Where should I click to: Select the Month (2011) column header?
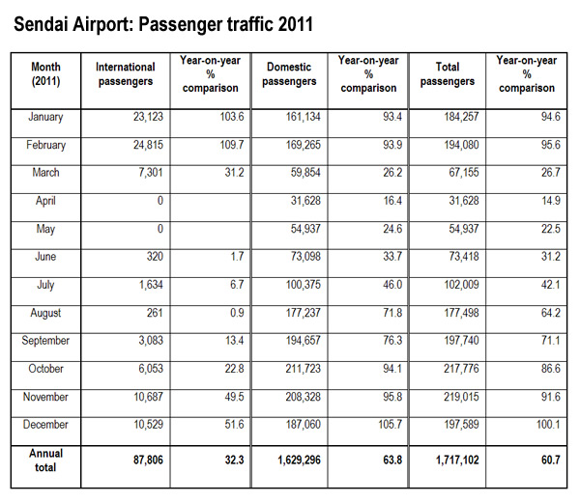coord(45,74)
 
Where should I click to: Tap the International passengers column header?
coord(126,74)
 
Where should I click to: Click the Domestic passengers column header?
coord(289,74)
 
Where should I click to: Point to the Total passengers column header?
coord(448,74)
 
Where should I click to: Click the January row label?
coord(45,117)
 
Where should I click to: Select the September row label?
coord(45,341)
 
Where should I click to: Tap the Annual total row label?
coord(45,461)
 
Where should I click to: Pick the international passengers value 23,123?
coord(148,117)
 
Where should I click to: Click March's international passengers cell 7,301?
coord(151,173)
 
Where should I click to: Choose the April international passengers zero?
coord(160,201)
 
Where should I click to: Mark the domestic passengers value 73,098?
coord(305,256)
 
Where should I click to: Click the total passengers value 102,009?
coord(462,285)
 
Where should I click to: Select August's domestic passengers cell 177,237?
coord(304,313)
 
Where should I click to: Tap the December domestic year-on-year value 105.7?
coord(390,425)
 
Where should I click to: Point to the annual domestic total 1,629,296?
coord(300,460)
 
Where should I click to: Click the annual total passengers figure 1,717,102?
coord(457,460)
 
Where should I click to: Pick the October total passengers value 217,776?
coord(462,369)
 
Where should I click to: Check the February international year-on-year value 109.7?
coord(232,145)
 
